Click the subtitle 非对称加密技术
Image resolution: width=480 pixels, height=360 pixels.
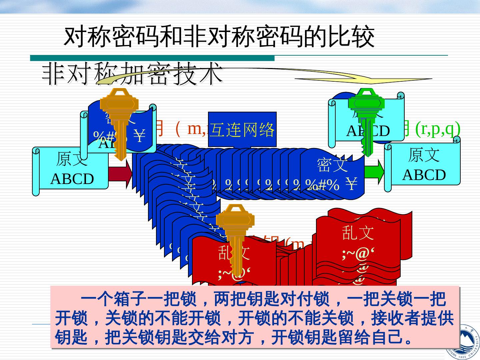[132, 73]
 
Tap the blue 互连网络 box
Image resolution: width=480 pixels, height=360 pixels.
[242, 129]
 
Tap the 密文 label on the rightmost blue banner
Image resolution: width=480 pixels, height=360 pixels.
[332, 165]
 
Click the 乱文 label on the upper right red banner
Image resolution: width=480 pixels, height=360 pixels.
[358, 232]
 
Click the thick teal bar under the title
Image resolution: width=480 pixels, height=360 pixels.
[152, 58]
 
